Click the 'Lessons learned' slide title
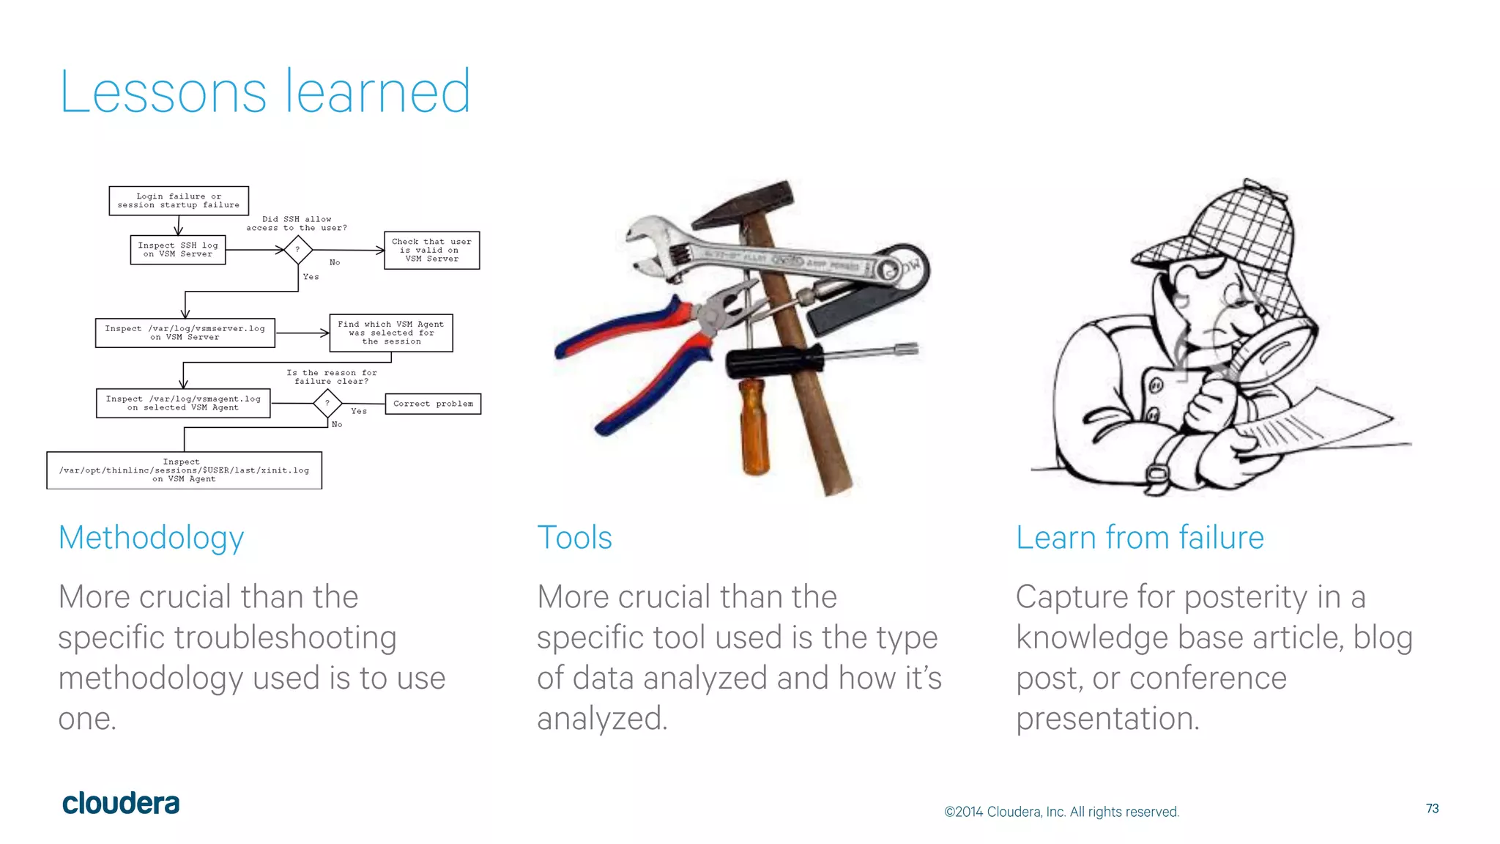tap(265, 92)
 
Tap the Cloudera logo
tap(121, 804)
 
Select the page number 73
tap(1432, 809)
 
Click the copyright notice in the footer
tap(1061, 812)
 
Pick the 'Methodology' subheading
tap(151, 538)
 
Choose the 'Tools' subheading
tap(574, 538)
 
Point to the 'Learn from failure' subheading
tap(1140, 538)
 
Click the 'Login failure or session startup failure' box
tap(179, 201)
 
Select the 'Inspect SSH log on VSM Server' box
tap(178, 250)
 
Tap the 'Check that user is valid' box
tap(431, 251)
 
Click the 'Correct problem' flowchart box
tap(433, 404)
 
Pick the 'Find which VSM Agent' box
tap(391, 333)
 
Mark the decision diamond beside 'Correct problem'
tap(327, 403)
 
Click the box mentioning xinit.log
tap(184, 470)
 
